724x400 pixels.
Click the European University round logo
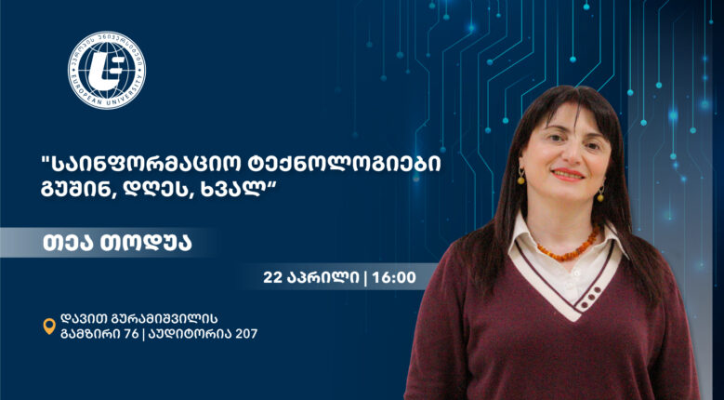(x=107, y=70)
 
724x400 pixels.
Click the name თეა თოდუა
(x=117, y=243)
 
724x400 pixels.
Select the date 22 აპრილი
(x=311, y=277)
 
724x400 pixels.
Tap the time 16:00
(x=394, y=277)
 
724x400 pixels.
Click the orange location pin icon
(x=49, y=327)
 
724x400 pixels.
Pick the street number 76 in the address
(x=131, y=334)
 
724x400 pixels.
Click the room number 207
(x=246, y=334)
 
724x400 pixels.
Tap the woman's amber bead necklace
(x=569, y=247)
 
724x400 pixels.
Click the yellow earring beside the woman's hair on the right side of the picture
(x=600, y=194)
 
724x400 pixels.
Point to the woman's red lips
(x=568, y=174)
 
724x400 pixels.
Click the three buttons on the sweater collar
(x=590, y=297)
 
